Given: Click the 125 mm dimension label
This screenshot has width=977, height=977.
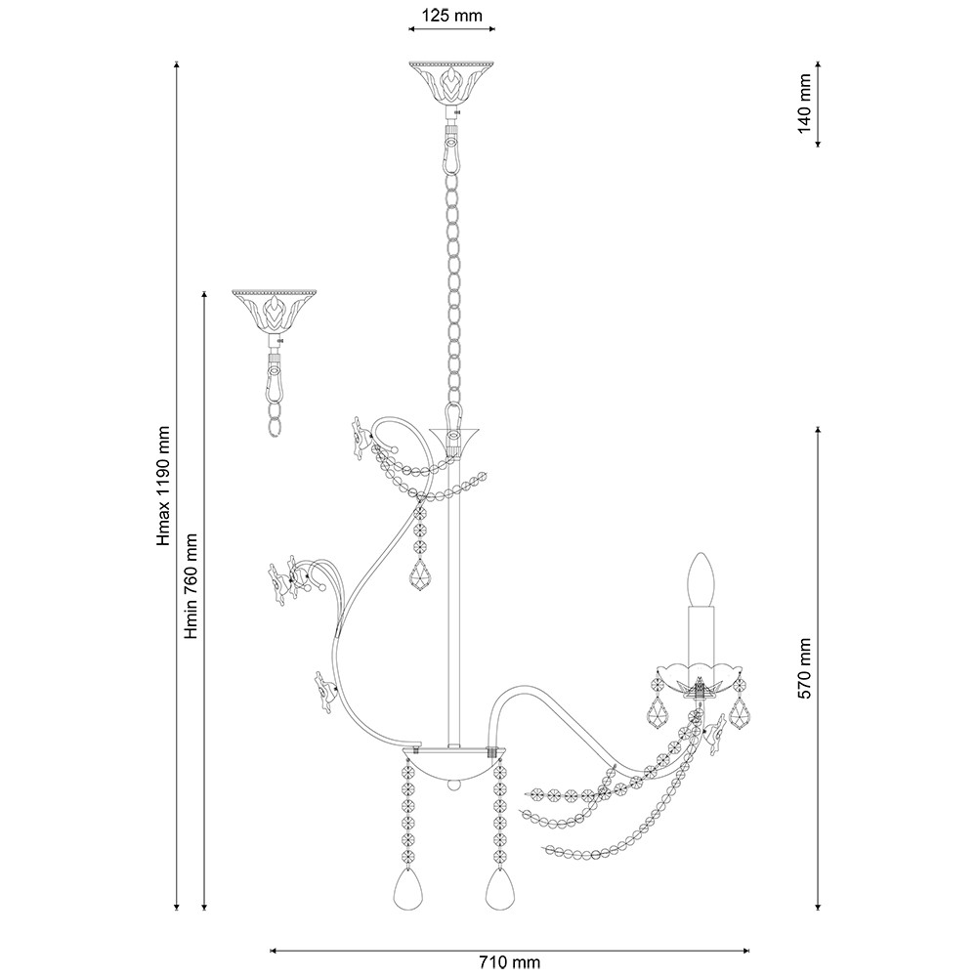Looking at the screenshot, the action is point(451,15).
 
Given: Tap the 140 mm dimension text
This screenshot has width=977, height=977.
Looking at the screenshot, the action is point(804,104).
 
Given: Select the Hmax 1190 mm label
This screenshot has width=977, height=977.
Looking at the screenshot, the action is point(163,486).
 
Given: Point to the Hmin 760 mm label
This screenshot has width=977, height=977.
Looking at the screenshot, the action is point(191,586).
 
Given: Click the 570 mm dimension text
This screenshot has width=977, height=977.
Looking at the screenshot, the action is point(804,668).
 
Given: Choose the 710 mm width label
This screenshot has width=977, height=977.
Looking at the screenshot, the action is point(510,962).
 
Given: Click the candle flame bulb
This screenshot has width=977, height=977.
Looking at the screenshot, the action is point(701,578).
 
